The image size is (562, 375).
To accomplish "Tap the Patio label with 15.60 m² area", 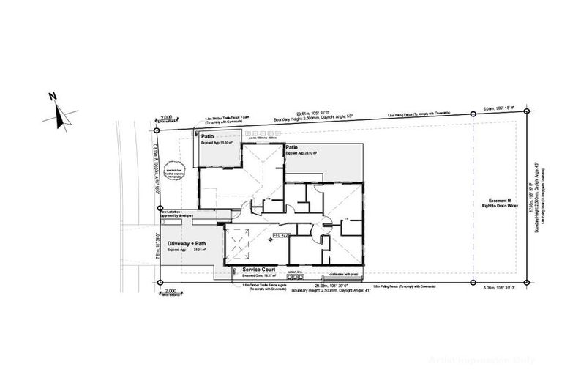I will [x=208, y=136].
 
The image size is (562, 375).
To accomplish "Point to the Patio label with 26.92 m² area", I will [x=293, y=147].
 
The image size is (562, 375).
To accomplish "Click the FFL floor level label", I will [x=281, y=235].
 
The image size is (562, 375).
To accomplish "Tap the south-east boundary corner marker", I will [x=526, y=282].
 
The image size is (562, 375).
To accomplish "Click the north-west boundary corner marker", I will [x=159, y=130].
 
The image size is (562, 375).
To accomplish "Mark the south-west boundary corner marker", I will [x=159, y=282].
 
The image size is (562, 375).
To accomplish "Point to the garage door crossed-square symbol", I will [x=239, y=241].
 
